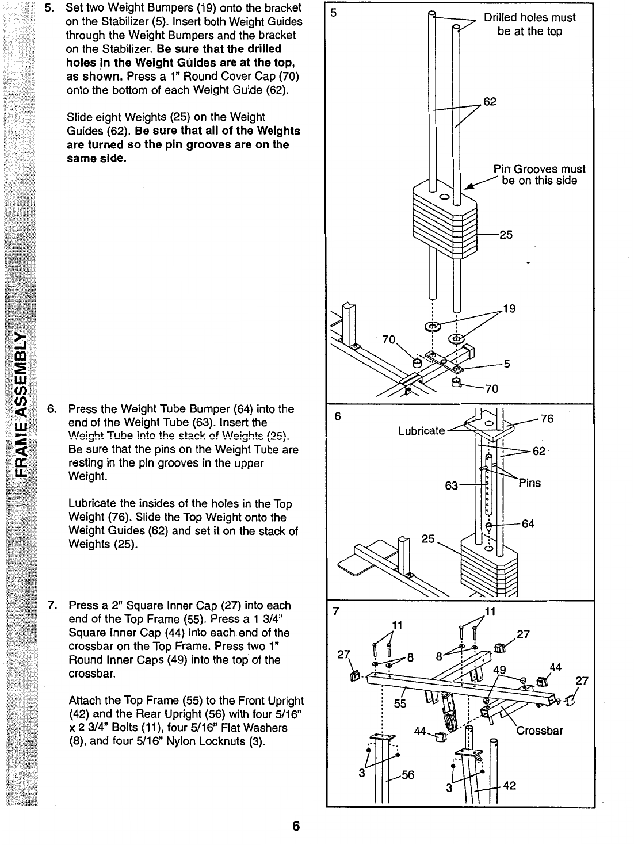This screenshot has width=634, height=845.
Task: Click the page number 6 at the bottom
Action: [296, 827]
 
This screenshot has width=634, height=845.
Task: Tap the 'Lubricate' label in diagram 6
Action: [421, 430]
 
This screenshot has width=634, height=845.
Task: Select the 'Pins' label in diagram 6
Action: [529, 482]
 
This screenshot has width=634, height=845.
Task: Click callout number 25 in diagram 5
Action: [506, 235]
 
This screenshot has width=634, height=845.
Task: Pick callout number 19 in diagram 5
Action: [508, 309]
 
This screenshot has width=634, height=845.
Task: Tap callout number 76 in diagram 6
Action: [547, 418]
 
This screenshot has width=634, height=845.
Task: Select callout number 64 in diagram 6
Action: [528, 524]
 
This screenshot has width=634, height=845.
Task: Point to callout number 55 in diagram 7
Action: [400, 703]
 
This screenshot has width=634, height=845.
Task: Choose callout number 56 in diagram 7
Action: [408, 774]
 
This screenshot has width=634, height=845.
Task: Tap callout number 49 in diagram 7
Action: [500, 670]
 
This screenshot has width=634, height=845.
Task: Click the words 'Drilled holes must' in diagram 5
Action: [529, 17]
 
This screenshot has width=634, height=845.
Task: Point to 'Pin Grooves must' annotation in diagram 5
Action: [539, 169]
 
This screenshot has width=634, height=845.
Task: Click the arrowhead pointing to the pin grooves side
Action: [469, 187]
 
